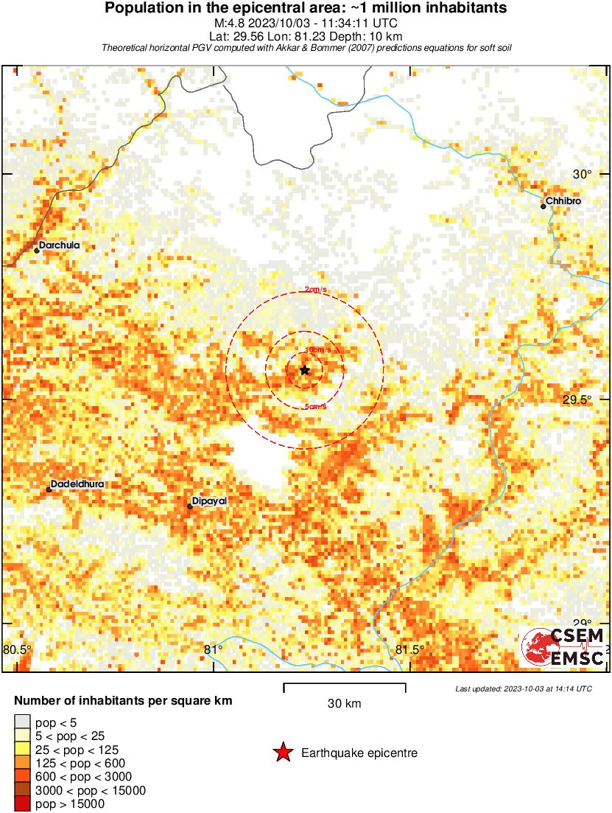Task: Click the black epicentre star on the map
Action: (305, 370)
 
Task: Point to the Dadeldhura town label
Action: (77, 484)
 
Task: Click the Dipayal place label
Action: (210, 501)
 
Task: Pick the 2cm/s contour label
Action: (316, 290)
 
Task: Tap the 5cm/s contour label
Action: (315, 407)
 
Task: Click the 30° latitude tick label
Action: (583, 175)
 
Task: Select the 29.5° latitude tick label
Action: (577, 400)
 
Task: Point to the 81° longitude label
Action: (213, 650)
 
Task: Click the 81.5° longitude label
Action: (409, 650)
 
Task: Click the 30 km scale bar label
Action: (344, 704)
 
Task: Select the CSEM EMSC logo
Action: (564, 647)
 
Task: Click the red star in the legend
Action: (282, 753)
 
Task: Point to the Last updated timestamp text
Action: (523, 688)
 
